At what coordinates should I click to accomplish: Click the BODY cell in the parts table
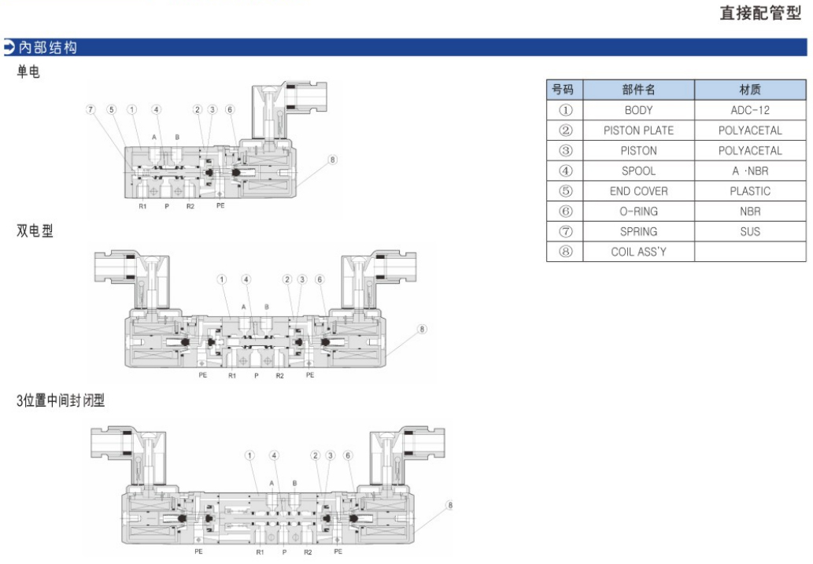[x=638, y=110]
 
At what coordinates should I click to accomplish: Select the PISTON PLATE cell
[x=638, y=131]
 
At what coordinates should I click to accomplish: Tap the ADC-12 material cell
[x=750, y=110]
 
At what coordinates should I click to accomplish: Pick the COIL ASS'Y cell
[x=638, y=252]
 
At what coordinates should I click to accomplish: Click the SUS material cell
[x=750, y=231]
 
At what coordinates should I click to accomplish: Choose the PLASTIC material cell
[x=750, y=191]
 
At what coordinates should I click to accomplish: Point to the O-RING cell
[x=638, y=212]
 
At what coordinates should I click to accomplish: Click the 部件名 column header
[x=638, y=90]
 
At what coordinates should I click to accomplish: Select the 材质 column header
[x=750, y=90]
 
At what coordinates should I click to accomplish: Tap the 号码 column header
[x=564, y=90]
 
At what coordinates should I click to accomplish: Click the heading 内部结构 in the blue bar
[x=49, y=48]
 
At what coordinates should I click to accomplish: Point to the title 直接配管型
[x=760, y=13]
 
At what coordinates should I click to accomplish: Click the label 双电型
[x=35, y=231]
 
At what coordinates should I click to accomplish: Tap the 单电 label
[x=29, y=72]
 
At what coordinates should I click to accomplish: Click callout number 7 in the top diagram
[x=91, y=109]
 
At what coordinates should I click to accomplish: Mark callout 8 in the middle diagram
[x=422, y=329]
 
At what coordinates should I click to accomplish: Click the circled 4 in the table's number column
[x=564, y=171]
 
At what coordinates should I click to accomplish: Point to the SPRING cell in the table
[x=638, y=231]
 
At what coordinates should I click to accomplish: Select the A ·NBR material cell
[x=750, y=171]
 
